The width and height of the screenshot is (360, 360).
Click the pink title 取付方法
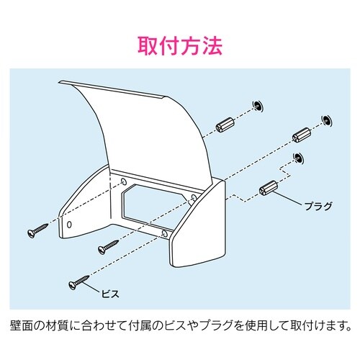(x=179, y=45)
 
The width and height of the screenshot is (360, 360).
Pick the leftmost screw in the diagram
(x=36, y=232)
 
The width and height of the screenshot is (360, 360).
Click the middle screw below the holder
(x=107, y=246)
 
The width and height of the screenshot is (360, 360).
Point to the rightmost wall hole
(x=326, y=119)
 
